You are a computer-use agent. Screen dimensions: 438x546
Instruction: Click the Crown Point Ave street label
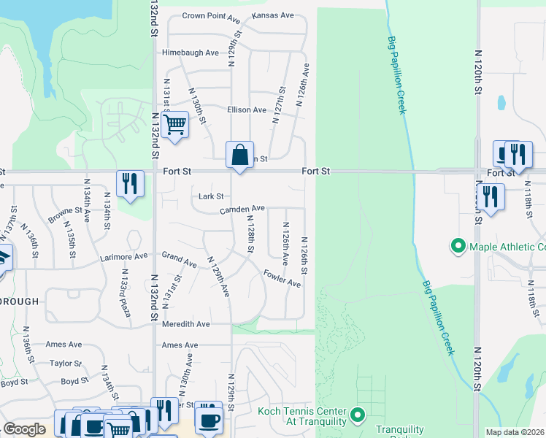(211, 15)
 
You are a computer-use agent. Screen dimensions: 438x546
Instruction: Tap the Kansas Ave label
(272, 15)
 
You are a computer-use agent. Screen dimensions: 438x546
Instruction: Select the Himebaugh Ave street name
(191, 53)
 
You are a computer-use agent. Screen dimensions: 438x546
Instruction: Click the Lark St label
(211, 196)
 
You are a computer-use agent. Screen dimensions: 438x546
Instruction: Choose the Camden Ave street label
(242, 209)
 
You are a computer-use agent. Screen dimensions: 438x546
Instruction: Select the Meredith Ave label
(186, 324)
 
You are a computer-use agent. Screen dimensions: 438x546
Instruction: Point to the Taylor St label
(66, 363)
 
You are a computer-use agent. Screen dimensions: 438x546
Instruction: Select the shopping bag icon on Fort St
(239, 155)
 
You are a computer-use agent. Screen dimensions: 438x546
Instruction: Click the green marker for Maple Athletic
(458, 247)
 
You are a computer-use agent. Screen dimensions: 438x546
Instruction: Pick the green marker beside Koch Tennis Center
(358, 415)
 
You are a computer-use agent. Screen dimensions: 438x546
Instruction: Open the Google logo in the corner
(24, 429)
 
